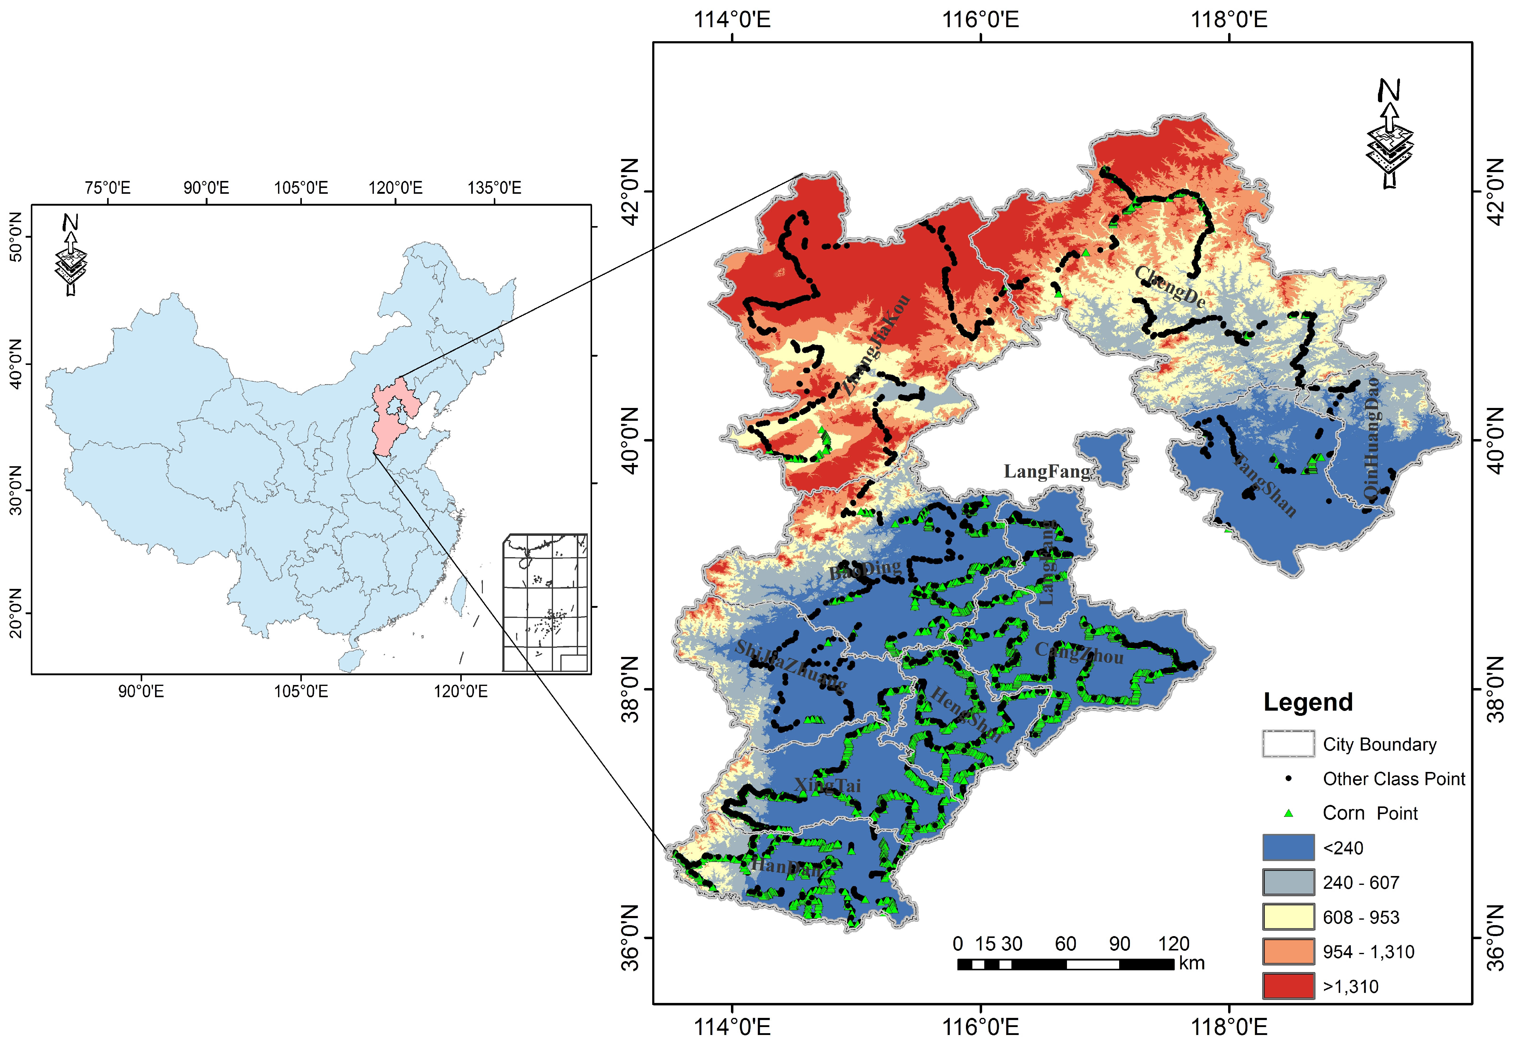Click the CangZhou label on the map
pos(1079,653)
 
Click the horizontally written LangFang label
pos(1046,471)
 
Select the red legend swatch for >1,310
pos(1288,986)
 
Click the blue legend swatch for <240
pos(1288,847)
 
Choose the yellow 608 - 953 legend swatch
pos(1288,917)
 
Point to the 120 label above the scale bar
pos(1173,943)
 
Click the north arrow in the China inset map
pos(71,254)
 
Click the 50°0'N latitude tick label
pos(14,245)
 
